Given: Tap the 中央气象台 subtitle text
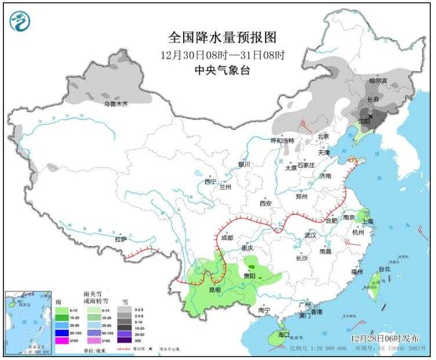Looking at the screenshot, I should (x=222, y=69).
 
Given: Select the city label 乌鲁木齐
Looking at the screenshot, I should (x=115, y=104).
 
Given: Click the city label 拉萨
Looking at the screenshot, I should (x=121, y=239).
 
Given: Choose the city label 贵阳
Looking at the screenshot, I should (x=249, y=275).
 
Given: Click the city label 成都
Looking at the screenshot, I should (x=227, y=238).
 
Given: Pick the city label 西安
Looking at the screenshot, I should (x=266, y=203).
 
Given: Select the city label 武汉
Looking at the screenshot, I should (x=310, y=235).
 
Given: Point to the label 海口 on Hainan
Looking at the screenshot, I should (x=284, y=335).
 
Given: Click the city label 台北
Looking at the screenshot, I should (x=384, y=269).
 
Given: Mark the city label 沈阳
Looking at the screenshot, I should (x=364, y=122).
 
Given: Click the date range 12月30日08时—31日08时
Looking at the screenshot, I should (x=222, y=54).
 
